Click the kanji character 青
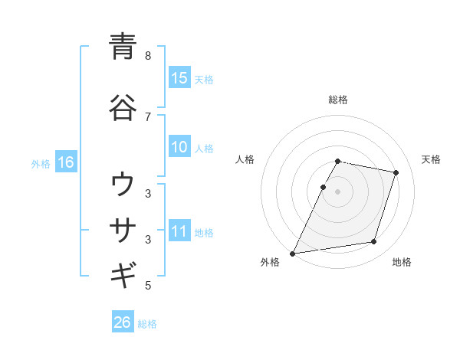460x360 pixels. [x=123, y=47]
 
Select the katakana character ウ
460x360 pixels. [x=123, y=185]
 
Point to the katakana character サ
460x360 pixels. [x=123, y=229]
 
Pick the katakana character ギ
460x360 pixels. [x=123, y=274]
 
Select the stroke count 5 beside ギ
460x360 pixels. [x=148, y=286]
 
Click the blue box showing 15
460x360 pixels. [x=179, y=78]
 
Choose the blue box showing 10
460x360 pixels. [x=179, y=147]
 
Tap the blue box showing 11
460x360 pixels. [x=179, y=231]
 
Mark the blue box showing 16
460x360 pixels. [x=66, y=162]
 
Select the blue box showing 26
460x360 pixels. [x=122, y=322]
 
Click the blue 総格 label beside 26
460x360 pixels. [x=147, y=324]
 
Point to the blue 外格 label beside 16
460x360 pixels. [x=41, y=163]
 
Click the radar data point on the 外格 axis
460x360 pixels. [x=292, y=253]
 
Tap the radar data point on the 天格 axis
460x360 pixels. [x=396, y=173]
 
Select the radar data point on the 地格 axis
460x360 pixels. [x=374, y=242]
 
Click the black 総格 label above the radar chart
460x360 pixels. [x=338, y=100]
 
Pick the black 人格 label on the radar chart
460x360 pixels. [x=245, y=159]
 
